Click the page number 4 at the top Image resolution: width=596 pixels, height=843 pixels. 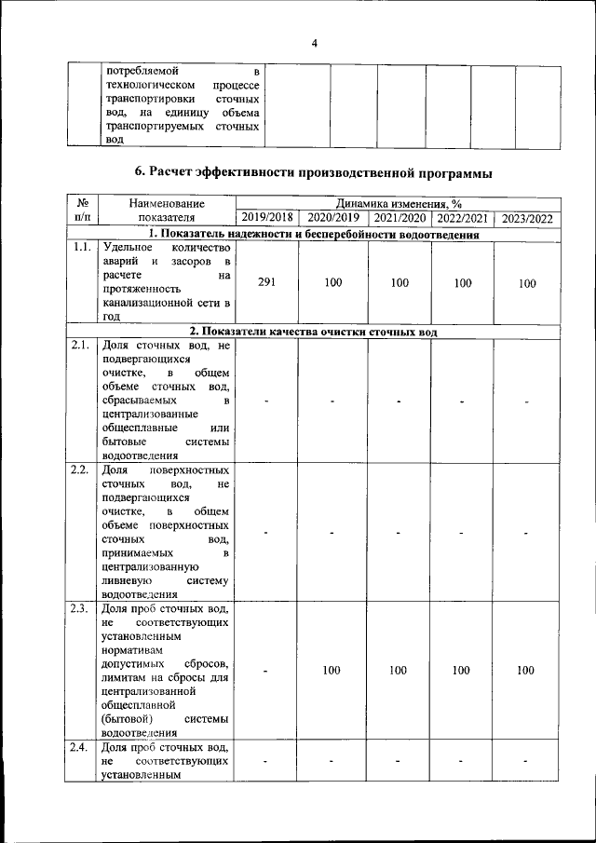coord(314,43)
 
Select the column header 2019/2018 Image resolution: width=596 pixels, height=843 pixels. coord(266,218)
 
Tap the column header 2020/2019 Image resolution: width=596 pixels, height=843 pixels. coord(332,218)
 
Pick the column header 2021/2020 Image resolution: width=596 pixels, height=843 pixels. coord(399,218)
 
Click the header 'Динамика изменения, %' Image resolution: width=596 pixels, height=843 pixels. coord(398,202)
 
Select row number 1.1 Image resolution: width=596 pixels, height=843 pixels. coord(81,248)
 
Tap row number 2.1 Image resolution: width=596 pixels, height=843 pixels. coord(81,345)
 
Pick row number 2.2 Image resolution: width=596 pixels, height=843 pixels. coord(81,469)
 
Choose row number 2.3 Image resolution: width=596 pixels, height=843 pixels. coord(81,609)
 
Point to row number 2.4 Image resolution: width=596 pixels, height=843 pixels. coord(81,747)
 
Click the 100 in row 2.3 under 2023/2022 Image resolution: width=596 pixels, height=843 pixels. coord(526,671)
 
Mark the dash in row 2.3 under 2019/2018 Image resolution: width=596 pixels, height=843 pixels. coord(266,672)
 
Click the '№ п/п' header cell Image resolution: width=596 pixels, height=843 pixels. coord(81,210)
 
